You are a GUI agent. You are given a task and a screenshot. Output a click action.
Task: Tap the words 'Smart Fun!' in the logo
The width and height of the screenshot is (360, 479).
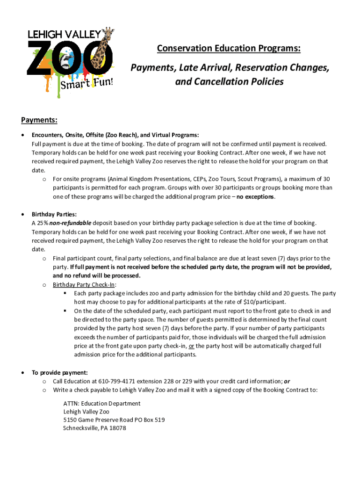[86, 84]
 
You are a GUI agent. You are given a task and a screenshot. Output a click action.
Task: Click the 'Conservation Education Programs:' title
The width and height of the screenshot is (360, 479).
[229, 49]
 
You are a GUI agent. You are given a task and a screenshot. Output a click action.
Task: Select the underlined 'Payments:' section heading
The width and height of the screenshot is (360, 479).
[39, 121]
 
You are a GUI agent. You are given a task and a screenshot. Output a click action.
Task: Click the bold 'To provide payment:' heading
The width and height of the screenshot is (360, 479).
[59, 373]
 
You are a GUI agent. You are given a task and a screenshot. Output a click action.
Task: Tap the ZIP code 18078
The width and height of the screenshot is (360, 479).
[117, 428]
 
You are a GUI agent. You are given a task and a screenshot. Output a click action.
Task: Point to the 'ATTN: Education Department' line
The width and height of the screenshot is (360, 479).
[102, 403]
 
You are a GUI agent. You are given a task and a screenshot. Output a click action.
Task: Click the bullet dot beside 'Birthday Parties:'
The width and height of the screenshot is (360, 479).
[23, 214]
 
